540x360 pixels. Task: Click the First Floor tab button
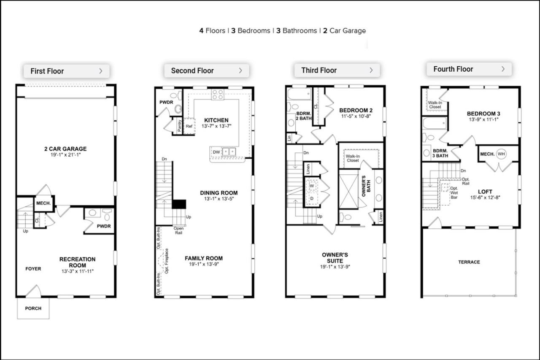click(66, 71)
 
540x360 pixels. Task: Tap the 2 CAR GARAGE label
click(65, 149)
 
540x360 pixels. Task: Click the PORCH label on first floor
click(33, 309)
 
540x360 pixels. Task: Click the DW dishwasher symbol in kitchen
click(216, 152)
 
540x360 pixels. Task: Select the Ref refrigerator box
click(189, 126)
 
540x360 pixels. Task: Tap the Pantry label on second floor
click(180, 125)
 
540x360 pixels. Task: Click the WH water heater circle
click(501, 154)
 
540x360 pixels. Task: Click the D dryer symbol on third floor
click(312, 198)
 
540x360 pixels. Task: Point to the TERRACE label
click(469, 262)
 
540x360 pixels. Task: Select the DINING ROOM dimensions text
click(219, 199)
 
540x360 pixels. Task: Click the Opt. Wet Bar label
click(454, 192)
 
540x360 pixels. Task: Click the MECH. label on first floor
click(43, 203)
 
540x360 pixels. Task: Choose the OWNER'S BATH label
click(366, 186)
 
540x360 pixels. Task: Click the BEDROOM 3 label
click(483, 114)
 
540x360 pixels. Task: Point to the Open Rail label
click(178, 230)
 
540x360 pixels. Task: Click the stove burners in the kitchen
click(218, 95)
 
